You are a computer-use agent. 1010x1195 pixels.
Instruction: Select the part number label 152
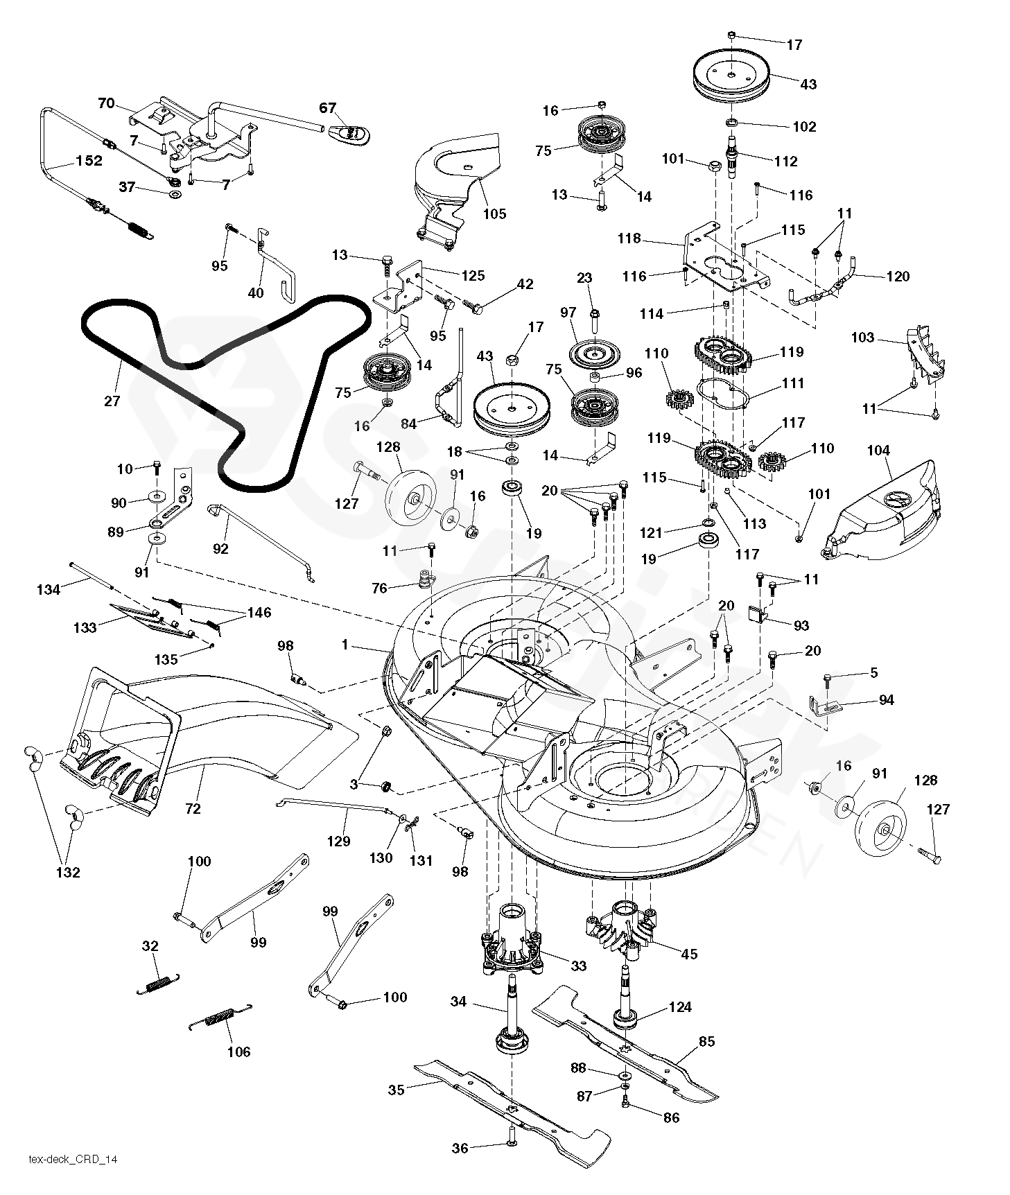[89, 161]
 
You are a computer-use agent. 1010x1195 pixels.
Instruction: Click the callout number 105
[495, 213]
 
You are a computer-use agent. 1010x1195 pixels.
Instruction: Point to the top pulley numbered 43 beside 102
[732, 74]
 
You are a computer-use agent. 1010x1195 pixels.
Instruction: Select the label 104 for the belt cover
[878, 451]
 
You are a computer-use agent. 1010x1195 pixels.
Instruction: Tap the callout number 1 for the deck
[345, 645]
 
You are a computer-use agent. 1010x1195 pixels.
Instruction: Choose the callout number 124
[680, 1006]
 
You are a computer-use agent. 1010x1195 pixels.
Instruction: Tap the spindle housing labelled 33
[511, 943]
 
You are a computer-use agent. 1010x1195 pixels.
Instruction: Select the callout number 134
[49, 589]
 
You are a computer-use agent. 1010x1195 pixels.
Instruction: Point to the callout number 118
[629, 238]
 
